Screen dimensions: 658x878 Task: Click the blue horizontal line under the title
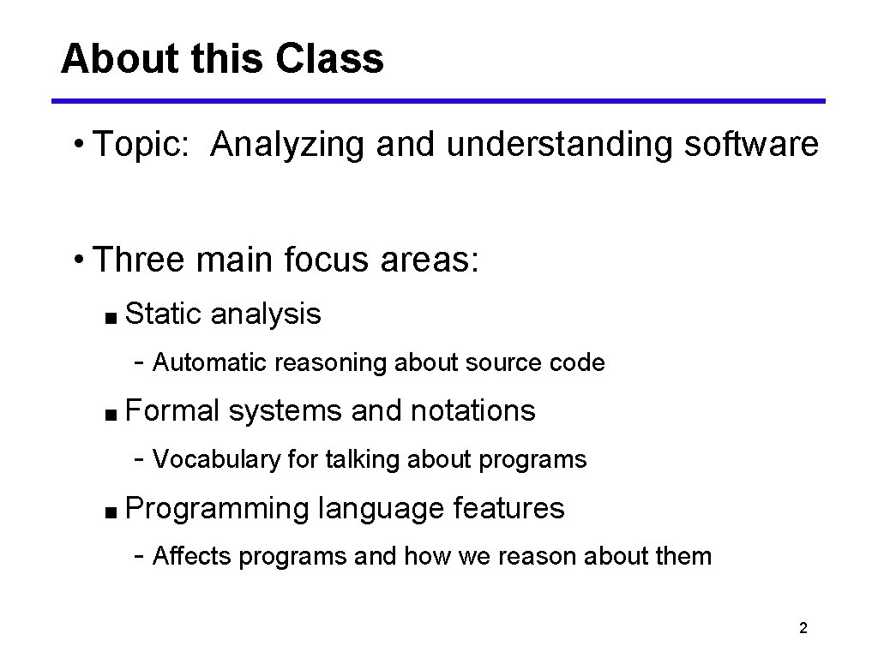438,101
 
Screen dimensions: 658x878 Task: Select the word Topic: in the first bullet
144,146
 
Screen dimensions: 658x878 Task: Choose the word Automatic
209,363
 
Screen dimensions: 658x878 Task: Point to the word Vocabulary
216,460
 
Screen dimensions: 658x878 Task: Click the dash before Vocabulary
139,460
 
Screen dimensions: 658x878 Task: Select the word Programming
216,509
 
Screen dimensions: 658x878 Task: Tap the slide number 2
803,629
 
